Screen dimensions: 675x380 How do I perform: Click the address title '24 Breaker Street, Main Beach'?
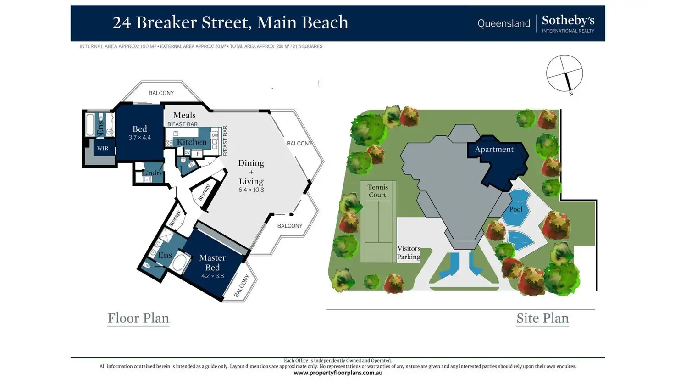[x=230, y=22]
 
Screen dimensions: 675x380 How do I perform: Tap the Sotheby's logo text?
[x=568, y=21]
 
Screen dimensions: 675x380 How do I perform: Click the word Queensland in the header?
[x=503, y=23]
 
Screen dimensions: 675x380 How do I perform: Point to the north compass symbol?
[x=564, y=73]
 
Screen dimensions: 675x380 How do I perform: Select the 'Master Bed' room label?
[x=212, y=263]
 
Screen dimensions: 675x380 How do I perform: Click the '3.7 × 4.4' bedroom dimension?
[x=139, y=138]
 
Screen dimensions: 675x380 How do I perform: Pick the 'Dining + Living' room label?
[x=251, y=172]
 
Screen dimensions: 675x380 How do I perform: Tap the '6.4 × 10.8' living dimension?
[x=251, y=190]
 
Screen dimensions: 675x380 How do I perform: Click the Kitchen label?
[x=192, y=142]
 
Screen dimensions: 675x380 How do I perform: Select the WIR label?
[x=103, y=148]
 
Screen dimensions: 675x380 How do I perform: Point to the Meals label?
[x=184, y=115]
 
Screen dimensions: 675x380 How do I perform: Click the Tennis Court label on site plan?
[x=377, y=191]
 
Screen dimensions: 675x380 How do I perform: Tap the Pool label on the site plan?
[x=515, y=209]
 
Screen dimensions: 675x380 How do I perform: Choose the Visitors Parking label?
[x=409, y=252]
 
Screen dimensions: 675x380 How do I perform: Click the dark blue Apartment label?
[x=494, y=149]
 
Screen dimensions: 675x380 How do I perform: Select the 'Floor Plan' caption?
[x=138, y=318]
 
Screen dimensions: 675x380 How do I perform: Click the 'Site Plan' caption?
[x=542, y=318]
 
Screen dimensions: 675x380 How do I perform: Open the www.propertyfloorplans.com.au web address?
[x=338, y=373]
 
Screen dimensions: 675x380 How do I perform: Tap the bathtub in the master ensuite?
[x=179, y=263]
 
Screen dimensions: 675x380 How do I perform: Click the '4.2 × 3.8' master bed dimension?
[x=212, y=276]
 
